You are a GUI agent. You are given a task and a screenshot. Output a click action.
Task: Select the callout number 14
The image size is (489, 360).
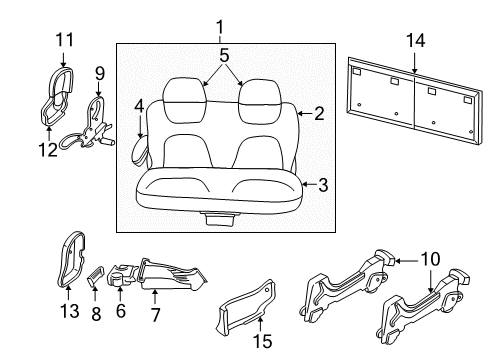coord(415,40)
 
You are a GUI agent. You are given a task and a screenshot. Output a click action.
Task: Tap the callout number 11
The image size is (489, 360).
coord(64,39)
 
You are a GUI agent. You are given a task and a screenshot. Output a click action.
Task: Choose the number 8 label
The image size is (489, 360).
coord(96,314)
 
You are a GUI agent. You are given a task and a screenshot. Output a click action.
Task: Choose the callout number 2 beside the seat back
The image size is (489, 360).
coord(318,114)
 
